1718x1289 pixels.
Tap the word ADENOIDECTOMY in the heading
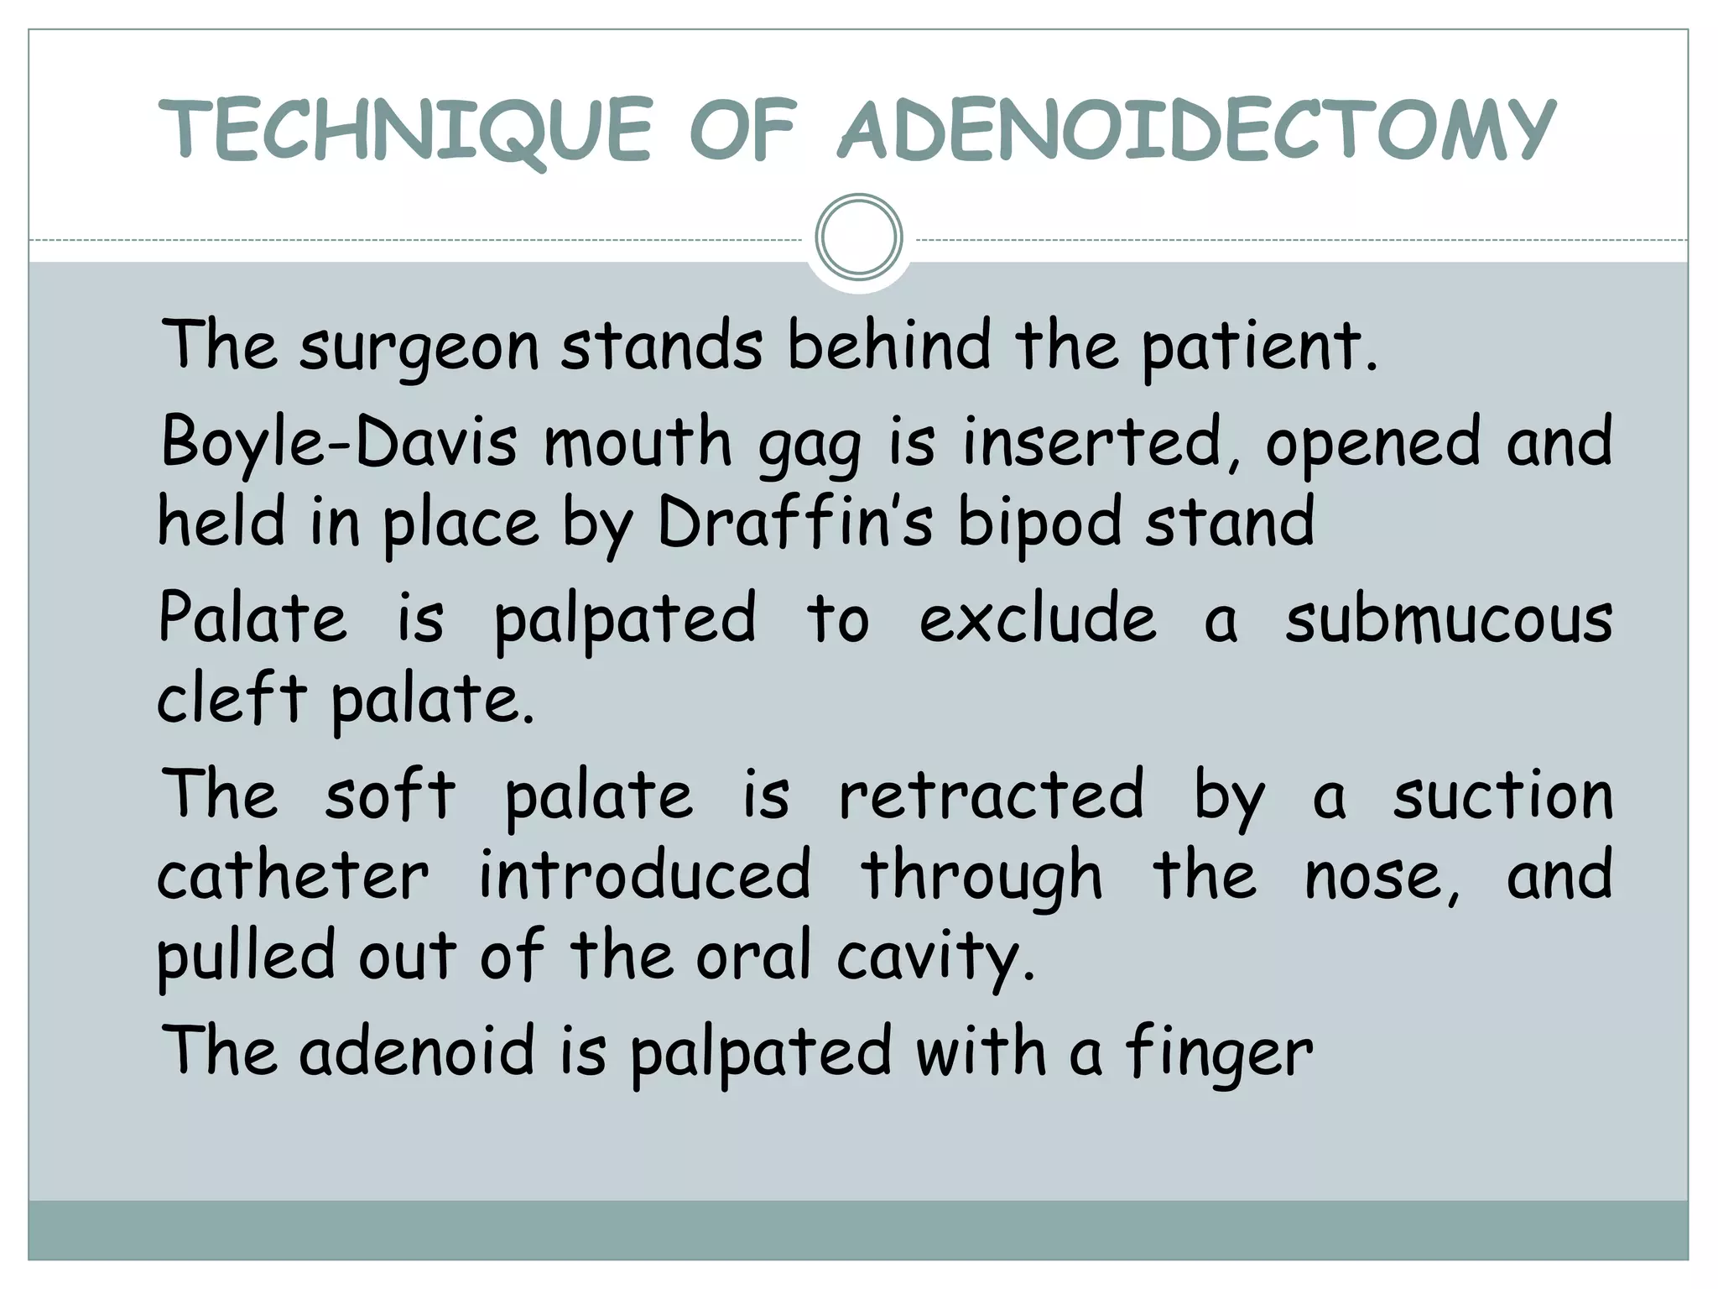coord(1197,130)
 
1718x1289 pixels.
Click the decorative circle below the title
coord(858,237)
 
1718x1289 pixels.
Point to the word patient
coord(1258,346)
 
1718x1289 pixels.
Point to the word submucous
coord(1449,619)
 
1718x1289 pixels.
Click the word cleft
coord(231,698)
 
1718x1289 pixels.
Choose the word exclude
coord(1038,619)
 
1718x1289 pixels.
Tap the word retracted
coord(991,795)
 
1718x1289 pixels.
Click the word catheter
coord(293,875)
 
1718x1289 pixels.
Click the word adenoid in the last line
coord(416,1051)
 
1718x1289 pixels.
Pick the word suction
coord(1502,795)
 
